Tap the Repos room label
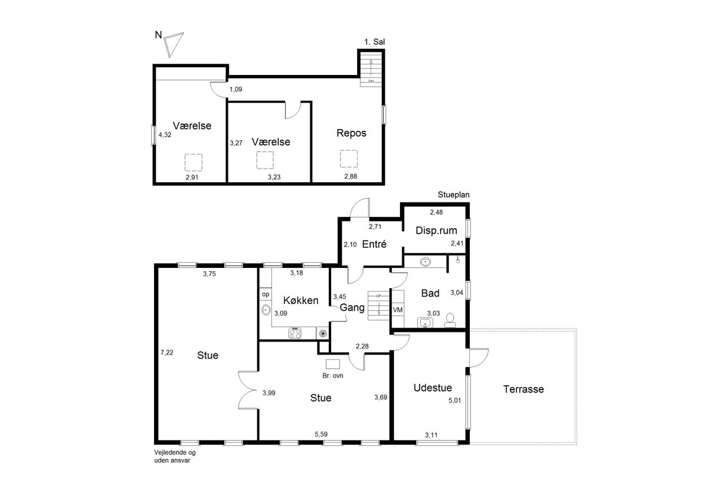tap(351, 133)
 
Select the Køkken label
tap(301, 300)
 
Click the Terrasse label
tap(523, 389)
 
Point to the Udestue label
tap(433, 387)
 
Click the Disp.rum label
tap(436, 231)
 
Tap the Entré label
tap(374, 244)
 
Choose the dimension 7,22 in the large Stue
tap(167, 352)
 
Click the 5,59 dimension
tap(321, 434)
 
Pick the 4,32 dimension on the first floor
tap(165, 135)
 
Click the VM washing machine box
tap(398, 310)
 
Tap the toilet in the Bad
tap(450, 320)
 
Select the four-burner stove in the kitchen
tap(294, 333)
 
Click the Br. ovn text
tap(333, 376)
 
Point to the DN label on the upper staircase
tap(371, 82)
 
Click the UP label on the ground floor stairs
tap(378, 295)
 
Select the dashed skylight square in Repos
tap(349, 158)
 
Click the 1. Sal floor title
tap(375, 42)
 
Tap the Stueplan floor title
tap(454, 195)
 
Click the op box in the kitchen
tap(266, 294)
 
